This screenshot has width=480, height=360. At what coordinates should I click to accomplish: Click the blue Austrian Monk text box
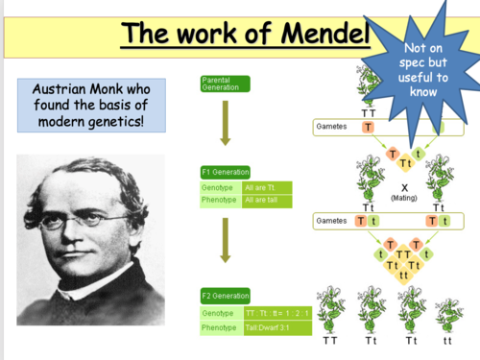point(91,106)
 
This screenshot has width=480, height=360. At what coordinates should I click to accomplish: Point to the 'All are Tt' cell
point(262,186)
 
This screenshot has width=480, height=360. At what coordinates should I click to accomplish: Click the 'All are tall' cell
point(262,200)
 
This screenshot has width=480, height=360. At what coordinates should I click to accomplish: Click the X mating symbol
point(405,185)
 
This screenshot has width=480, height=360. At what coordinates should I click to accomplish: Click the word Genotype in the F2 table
point(215,313)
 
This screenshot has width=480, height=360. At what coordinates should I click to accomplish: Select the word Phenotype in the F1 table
point(216,200)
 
